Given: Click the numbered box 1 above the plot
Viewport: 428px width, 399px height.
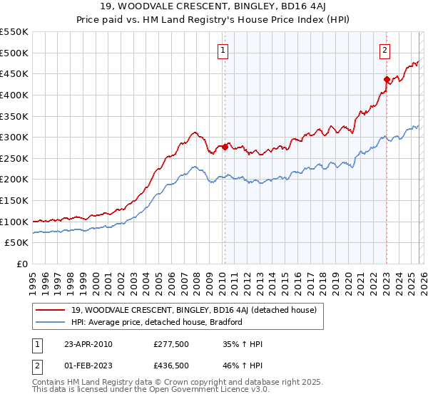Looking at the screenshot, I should click(x=224, y=50).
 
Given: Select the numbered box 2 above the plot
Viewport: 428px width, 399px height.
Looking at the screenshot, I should click(x=385, y=50).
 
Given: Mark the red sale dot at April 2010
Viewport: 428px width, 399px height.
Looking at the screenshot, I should click(x=225, y=147).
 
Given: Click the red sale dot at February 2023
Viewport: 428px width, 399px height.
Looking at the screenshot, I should click(x=387, y=79).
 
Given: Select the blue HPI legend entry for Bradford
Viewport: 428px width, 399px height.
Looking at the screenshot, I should click(x=157, y=322).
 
